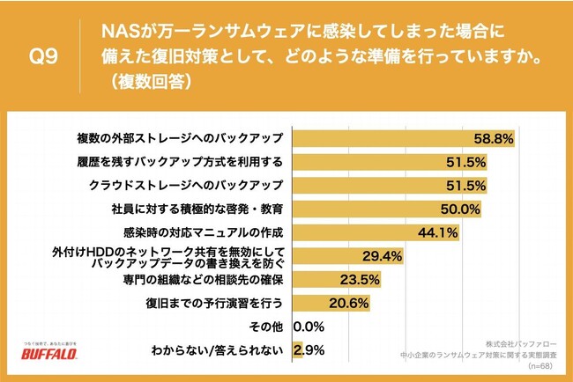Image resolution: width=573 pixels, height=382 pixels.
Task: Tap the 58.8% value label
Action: click(493, 138)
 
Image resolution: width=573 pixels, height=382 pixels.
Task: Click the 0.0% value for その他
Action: click(310, 327)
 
